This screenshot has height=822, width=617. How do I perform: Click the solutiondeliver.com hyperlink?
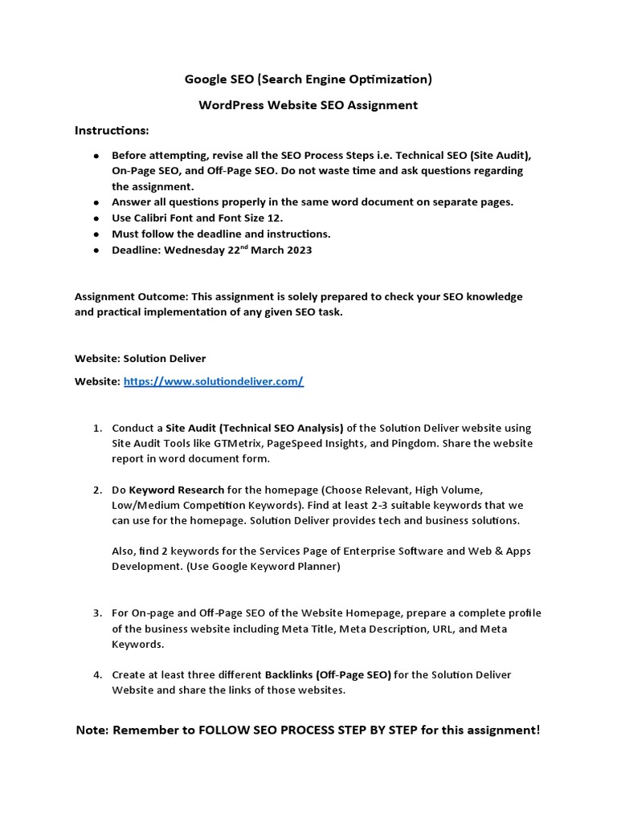pyautogui.click(x=213, y=382)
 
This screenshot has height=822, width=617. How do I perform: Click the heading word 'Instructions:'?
pyautogui.click(x=112, y=130)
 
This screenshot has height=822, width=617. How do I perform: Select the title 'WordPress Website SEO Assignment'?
pyautogui.click(x=308, y=105)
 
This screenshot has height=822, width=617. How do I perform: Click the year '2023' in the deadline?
pyautogui.click(x=297, y=250)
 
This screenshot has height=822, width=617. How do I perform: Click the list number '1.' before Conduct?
pyautogui.click(x=97, y=428)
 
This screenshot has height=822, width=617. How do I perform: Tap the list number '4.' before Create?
pyautogui.click(x=97, y=675)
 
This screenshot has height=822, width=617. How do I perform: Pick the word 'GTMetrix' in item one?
pyautogui.click(x=239, y=443)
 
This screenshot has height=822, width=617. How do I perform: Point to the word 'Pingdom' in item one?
pyautogui.click(x=422, y=443)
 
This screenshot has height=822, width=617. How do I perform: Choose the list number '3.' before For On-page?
pyautogui.click(x=97, y=613)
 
